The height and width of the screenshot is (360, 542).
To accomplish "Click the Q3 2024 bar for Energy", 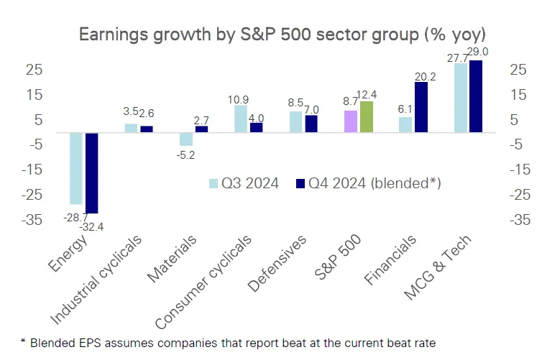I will pyautogui.click(x=75, y=169).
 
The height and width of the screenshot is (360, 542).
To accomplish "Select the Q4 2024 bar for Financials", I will pyautogui.click(x=421, y=107).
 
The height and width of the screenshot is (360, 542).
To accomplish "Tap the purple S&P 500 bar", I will pyautogui.click(x=351, y=121).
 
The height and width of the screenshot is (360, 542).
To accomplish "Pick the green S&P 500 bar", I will pyautogui.click(x=367, y=117).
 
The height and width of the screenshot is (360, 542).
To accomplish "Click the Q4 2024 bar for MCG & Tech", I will pyautogui.click(x=476, y=96).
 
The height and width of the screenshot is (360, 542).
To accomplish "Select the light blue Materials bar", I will pyautogui.click(x=185, y=139).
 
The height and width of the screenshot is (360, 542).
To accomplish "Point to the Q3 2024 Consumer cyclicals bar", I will pyautogui.click(x=241, y=119).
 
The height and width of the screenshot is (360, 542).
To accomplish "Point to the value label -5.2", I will pyautogui.click(x=186, y=154).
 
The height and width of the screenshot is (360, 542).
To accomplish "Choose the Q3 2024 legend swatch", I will pyautogui.click(x=213, y=183).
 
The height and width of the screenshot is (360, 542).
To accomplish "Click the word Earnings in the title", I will pyautogui.click(x=114, y=34).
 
